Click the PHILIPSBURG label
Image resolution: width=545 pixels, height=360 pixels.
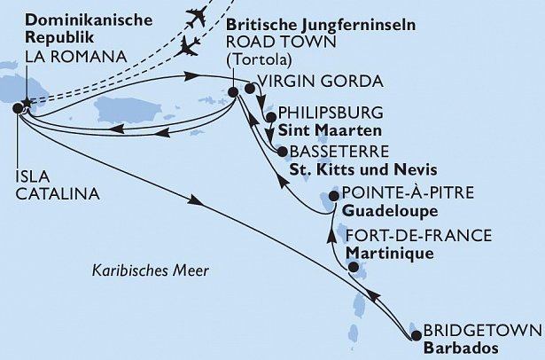click(330, 113)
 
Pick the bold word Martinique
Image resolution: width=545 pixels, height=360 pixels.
click(391, 253)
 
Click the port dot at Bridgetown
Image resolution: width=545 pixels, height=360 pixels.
click(416, 335)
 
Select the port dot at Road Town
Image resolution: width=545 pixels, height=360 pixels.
click(232, 90)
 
